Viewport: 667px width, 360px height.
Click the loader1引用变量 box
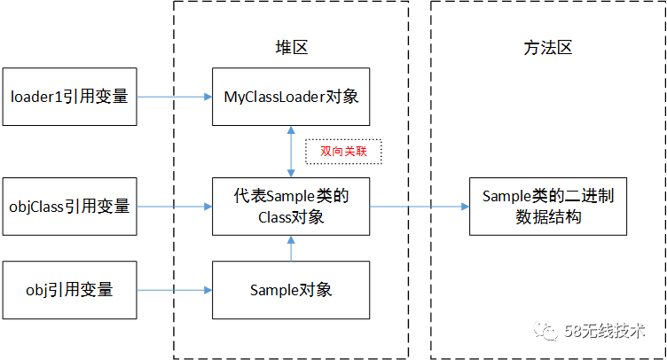click(69, 96)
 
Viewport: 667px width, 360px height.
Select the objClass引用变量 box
click(69, 207)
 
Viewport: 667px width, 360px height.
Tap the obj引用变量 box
click(69, 290)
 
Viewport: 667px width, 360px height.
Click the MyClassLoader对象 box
click(291, 96)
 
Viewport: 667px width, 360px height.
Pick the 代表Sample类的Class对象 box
click(291, 207)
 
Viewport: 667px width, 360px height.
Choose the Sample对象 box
click(291, 290)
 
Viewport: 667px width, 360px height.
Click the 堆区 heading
click(291, 48)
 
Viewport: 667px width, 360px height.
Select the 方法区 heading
click(548, 48)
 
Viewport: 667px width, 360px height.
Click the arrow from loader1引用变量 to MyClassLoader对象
click(175, 96)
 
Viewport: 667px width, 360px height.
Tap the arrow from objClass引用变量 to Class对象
click(175, 207)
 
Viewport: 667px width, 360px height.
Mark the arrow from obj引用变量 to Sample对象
click(175, 290)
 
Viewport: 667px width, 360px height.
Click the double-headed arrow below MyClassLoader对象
click(291, 152)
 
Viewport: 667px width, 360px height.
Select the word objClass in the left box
click(37, 207)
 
